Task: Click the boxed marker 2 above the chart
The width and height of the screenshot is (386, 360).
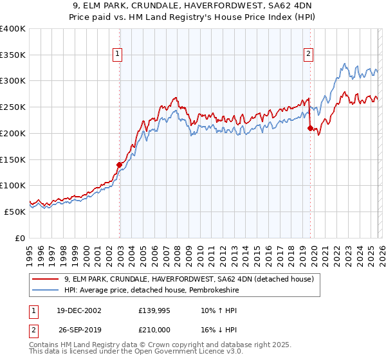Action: pos(309,55)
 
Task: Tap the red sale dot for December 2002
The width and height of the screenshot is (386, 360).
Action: pos(120,165)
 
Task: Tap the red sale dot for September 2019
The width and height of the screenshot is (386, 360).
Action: pos(311,128)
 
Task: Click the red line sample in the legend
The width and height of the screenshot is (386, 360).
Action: pos(45,280)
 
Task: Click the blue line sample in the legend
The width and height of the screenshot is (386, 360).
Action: pos(45,291)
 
